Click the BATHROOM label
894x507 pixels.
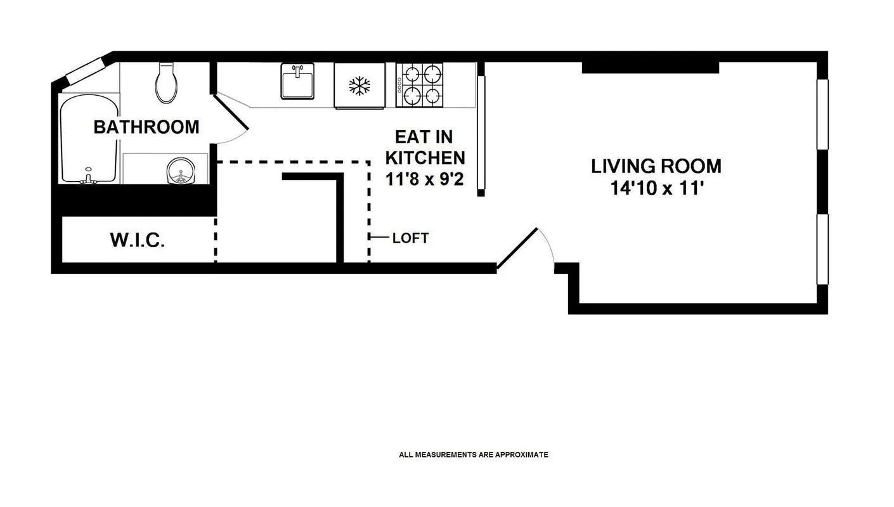coord(146,127)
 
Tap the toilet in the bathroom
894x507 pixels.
coord(166,83)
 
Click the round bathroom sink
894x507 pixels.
coord(181,170)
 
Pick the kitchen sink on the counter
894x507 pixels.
coord(297,82)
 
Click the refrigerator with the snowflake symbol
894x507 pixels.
coord(360,86)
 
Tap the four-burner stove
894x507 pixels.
coord(419,85)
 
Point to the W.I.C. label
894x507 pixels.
coord(138,240)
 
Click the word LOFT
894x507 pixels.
coord(410,238)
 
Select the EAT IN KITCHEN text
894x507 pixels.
coord(425,147)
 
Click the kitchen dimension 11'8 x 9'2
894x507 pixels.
coord(425,179)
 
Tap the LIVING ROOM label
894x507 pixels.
coord(656,166)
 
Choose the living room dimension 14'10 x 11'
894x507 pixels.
coord(656,189)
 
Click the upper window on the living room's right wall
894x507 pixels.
coord(822,114)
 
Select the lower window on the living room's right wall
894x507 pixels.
coord(822,249)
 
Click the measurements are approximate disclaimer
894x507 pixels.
coord(473,454)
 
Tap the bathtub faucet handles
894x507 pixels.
coord(88,177)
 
